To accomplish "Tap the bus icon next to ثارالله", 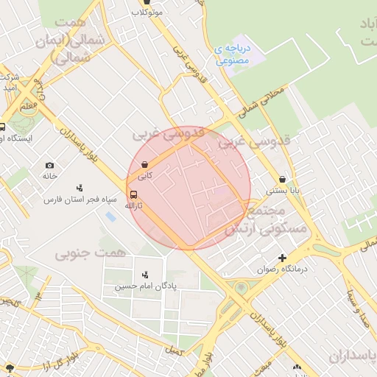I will click(133, 195).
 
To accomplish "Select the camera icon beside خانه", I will click(49, 166).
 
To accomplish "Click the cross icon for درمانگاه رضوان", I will click(282, 258).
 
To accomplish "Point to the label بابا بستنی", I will click(283, 190).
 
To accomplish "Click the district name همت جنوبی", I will click(80, 253).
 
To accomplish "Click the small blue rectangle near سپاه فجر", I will click(110, 217).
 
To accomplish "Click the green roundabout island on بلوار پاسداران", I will click(241, 287).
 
